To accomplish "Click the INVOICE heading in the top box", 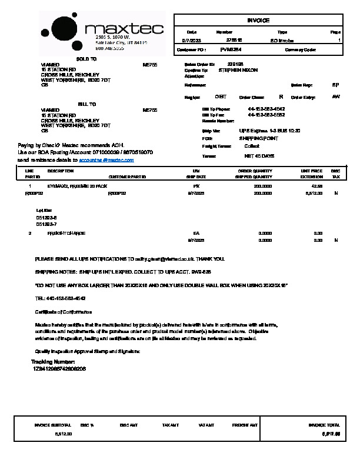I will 259,21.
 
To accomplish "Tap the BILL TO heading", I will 86,104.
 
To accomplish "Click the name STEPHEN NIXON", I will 237,70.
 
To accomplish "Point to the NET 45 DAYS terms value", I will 259,156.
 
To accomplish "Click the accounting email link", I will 106,160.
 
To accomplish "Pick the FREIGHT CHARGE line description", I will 66,234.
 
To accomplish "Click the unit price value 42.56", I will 318,185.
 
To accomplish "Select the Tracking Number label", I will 52,362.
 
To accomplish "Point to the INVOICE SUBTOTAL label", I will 52,425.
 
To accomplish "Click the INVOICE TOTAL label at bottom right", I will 324,425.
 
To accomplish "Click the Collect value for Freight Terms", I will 251,145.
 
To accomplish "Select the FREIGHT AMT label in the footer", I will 245,425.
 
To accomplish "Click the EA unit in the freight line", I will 196,234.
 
